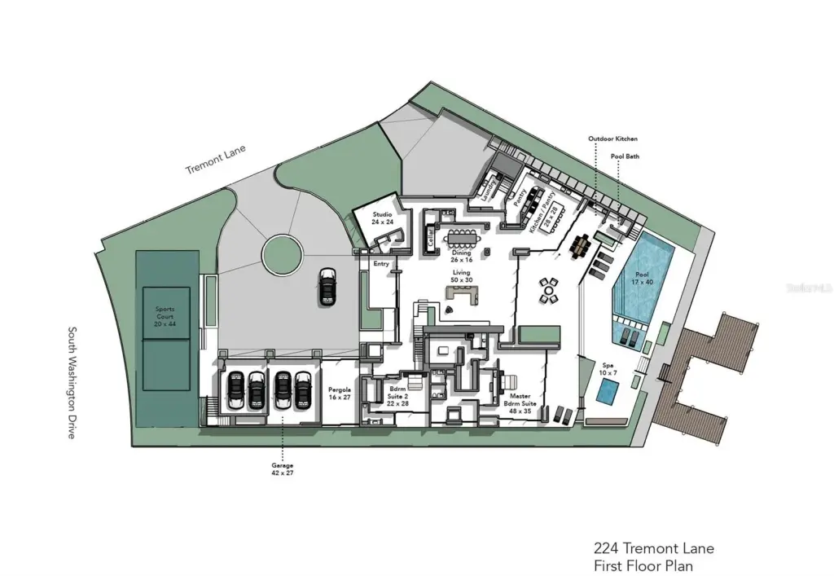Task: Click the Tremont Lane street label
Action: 215,160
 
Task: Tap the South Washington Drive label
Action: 71,383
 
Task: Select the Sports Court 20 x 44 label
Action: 165,316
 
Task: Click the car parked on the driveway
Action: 327,286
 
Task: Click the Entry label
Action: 381,263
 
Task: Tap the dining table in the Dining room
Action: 463,237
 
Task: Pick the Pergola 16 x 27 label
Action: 339,394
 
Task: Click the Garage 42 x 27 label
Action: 282,468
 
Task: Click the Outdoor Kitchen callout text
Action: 613,139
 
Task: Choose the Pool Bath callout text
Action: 626,155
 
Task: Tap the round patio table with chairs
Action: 550,289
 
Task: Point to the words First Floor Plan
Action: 644,565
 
